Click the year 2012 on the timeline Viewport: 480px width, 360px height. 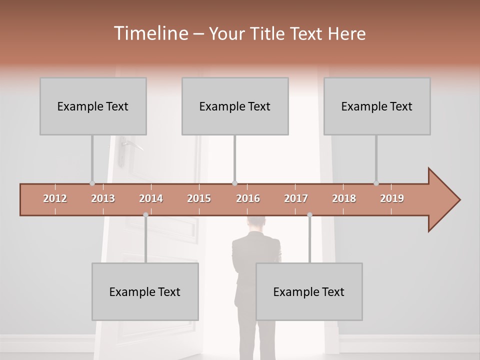[55, 198]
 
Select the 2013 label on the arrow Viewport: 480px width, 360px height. [103, 198]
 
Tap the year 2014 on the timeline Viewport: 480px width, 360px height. [151, 198]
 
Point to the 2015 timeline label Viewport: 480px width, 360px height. [199, 198]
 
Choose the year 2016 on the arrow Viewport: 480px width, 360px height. [248, 198]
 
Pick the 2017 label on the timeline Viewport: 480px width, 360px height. [296, 198]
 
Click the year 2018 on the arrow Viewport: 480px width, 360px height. [344, 198]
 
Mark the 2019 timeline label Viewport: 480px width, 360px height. [392, 198]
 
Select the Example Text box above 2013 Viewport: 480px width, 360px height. [93, 106]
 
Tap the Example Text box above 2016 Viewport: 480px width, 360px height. [235, 106]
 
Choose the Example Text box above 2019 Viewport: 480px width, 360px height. [377, 106]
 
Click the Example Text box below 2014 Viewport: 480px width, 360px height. [145, 291]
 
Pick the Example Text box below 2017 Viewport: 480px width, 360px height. [309, 291]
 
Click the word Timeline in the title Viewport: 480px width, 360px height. [150, 33]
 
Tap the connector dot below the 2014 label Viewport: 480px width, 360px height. [145, 215]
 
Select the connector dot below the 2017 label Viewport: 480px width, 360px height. [309, 215]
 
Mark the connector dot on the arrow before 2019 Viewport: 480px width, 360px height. [376, 183]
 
